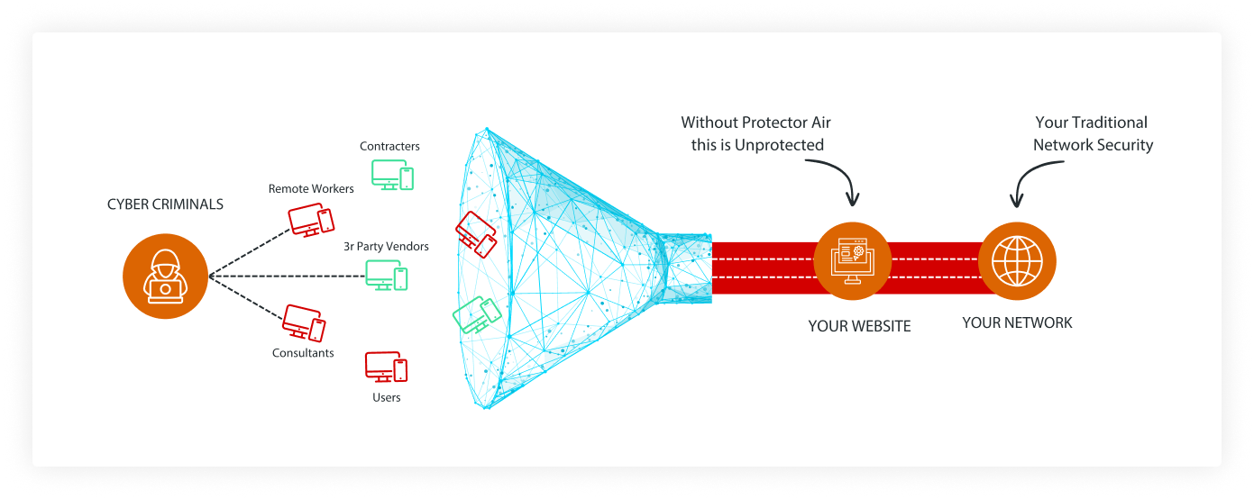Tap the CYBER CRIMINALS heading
click(x=165, y=204)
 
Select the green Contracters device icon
click(x=393, y=174)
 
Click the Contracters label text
click(x=389, y=146)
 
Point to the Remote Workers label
click(x=311, y=189)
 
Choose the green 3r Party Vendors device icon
click(x=386, y=275)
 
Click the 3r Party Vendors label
click(x=386, y=246)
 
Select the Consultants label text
click(x=303, y=353)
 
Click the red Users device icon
click(x=386, y=367)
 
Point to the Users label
click(x=386, y=397)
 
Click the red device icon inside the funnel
click(x=476, y=233)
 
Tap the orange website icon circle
click(x=853, y=261)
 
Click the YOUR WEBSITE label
click(x=859, y=326)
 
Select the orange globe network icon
click(x=1017, y=261)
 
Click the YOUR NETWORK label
click(x=1017, y=322)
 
